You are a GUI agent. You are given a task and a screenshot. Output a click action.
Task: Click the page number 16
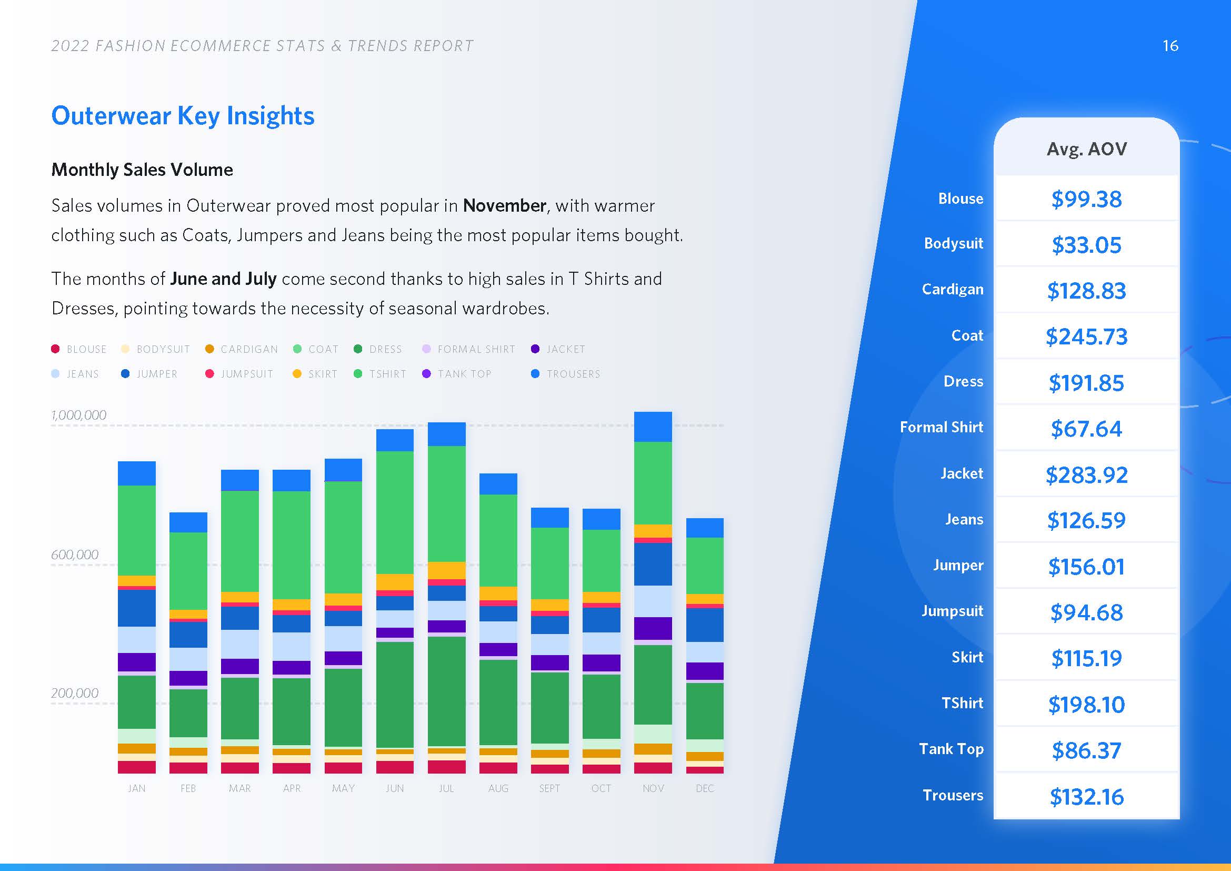coord(1170,46)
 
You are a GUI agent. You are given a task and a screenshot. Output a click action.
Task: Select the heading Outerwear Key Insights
coord(183,116)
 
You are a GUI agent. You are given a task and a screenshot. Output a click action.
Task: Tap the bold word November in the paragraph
coord(505,205)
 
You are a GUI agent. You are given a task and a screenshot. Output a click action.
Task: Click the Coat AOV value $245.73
coord(1086,337)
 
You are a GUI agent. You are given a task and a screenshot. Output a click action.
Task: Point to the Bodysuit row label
coord(953,243)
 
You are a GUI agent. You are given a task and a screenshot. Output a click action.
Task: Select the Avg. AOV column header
coord(1086,149)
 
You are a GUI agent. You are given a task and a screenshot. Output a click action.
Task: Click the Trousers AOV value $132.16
coord(1086,797)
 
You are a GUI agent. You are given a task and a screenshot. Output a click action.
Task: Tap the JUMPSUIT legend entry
coord(239,374)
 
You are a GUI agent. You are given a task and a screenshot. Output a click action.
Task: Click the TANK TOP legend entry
coord(457,374)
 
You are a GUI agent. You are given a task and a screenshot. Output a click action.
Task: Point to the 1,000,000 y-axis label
coord(79,415)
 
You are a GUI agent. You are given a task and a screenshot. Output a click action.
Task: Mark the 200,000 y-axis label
coord(75,693)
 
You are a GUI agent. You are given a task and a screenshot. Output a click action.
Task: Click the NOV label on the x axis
coord(653,788)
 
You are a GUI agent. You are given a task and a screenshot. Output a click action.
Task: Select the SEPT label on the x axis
coord(549,788)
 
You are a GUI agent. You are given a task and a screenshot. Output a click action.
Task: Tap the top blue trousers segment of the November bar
coord(653,427)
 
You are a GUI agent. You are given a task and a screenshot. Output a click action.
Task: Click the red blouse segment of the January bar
coord(137,767)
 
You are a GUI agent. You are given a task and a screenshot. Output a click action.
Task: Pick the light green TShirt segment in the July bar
coord(447,503)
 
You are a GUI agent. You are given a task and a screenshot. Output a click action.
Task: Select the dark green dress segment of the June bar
coord(395,695)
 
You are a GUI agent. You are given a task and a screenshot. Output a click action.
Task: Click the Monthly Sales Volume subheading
coord(142,170)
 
